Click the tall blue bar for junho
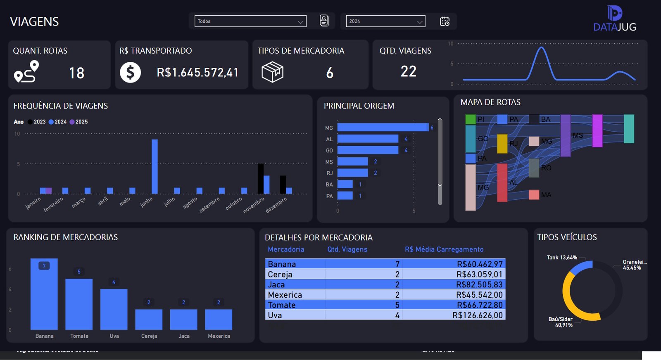(155, 166)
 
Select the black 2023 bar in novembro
(261, 179)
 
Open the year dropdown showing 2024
(385, 21)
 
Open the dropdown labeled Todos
(250, 21)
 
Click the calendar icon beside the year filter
(445, 21)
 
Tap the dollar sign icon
(130, 73)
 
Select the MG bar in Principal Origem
(383, 128)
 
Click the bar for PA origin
(345, 196)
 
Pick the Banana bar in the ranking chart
(44, 294)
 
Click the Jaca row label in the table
(276, 284)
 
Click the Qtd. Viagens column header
(347, 249)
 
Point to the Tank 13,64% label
(561, 258)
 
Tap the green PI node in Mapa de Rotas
(471, 120)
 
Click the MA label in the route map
(546, 195)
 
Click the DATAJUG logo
(614, 19)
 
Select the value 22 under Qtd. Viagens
(408, 71)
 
